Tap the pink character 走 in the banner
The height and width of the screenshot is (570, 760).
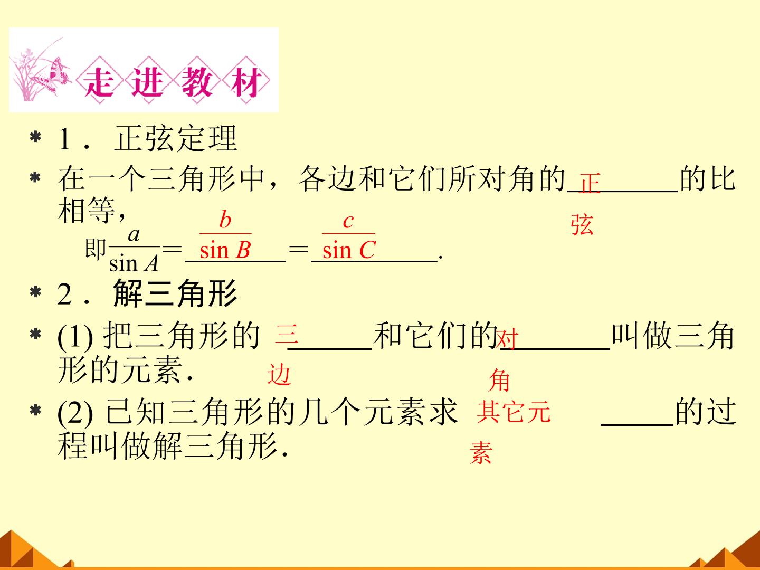coord(99,81)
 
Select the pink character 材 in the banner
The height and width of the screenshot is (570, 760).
coord(246,81)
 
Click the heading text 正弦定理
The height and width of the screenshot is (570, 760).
coord(176,138)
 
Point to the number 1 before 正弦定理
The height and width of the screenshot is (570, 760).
coord(65,139)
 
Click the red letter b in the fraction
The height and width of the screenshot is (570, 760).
coord(225,220)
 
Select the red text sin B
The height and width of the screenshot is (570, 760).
coord(225,250)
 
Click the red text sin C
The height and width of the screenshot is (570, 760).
coord(349,250)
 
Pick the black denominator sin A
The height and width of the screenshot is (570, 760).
coord(134,263)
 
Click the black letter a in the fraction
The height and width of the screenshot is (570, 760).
coord(134,235)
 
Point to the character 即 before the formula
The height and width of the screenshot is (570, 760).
coord(95,249)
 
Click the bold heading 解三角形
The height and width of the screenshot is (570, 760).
coord(175,293)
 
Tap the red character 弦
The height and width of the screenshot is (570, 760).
coord(582,225)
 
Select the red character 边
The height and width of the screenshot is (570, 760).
coord(279,375)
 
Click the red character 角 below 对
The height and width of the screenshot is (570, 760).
coord(499,380)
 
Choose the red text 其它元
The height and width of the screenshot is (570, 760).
coord(514,412)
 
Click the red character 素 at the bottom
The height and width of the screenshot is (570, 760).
coord(481,453)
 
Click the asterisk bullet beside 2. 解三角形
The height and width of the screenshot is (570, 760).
coord(35,293)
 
